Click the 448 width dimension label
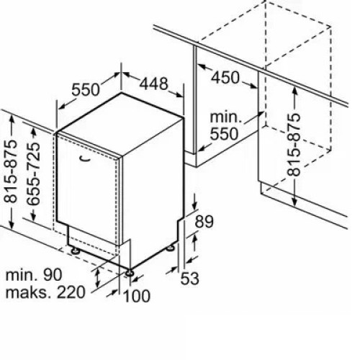(153, 84)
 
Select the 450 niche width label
(225, 77)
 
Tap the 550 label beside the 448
(86, 89)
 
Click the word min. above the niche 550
(225, 117)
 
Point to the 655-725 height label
(33, 174)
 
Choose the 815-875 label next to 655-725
(11, 171)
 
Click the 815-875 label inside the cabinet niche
(294, 145)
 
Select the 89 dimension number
(204, 222)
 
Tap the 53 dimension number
(190, 279)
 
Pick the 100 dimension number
(136, 296)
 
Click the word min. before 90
(20, 275)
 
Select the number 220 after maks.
(71, 292)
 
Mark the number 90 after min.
(53, 275)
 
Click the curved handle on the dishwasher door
(84, 158)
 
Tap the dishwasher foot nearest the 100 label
(130, 273)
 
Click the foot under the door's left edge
(76, 251)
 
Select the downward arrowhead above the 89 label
(194, 205)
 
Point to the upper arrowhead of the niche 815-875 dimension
(294, 91)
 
